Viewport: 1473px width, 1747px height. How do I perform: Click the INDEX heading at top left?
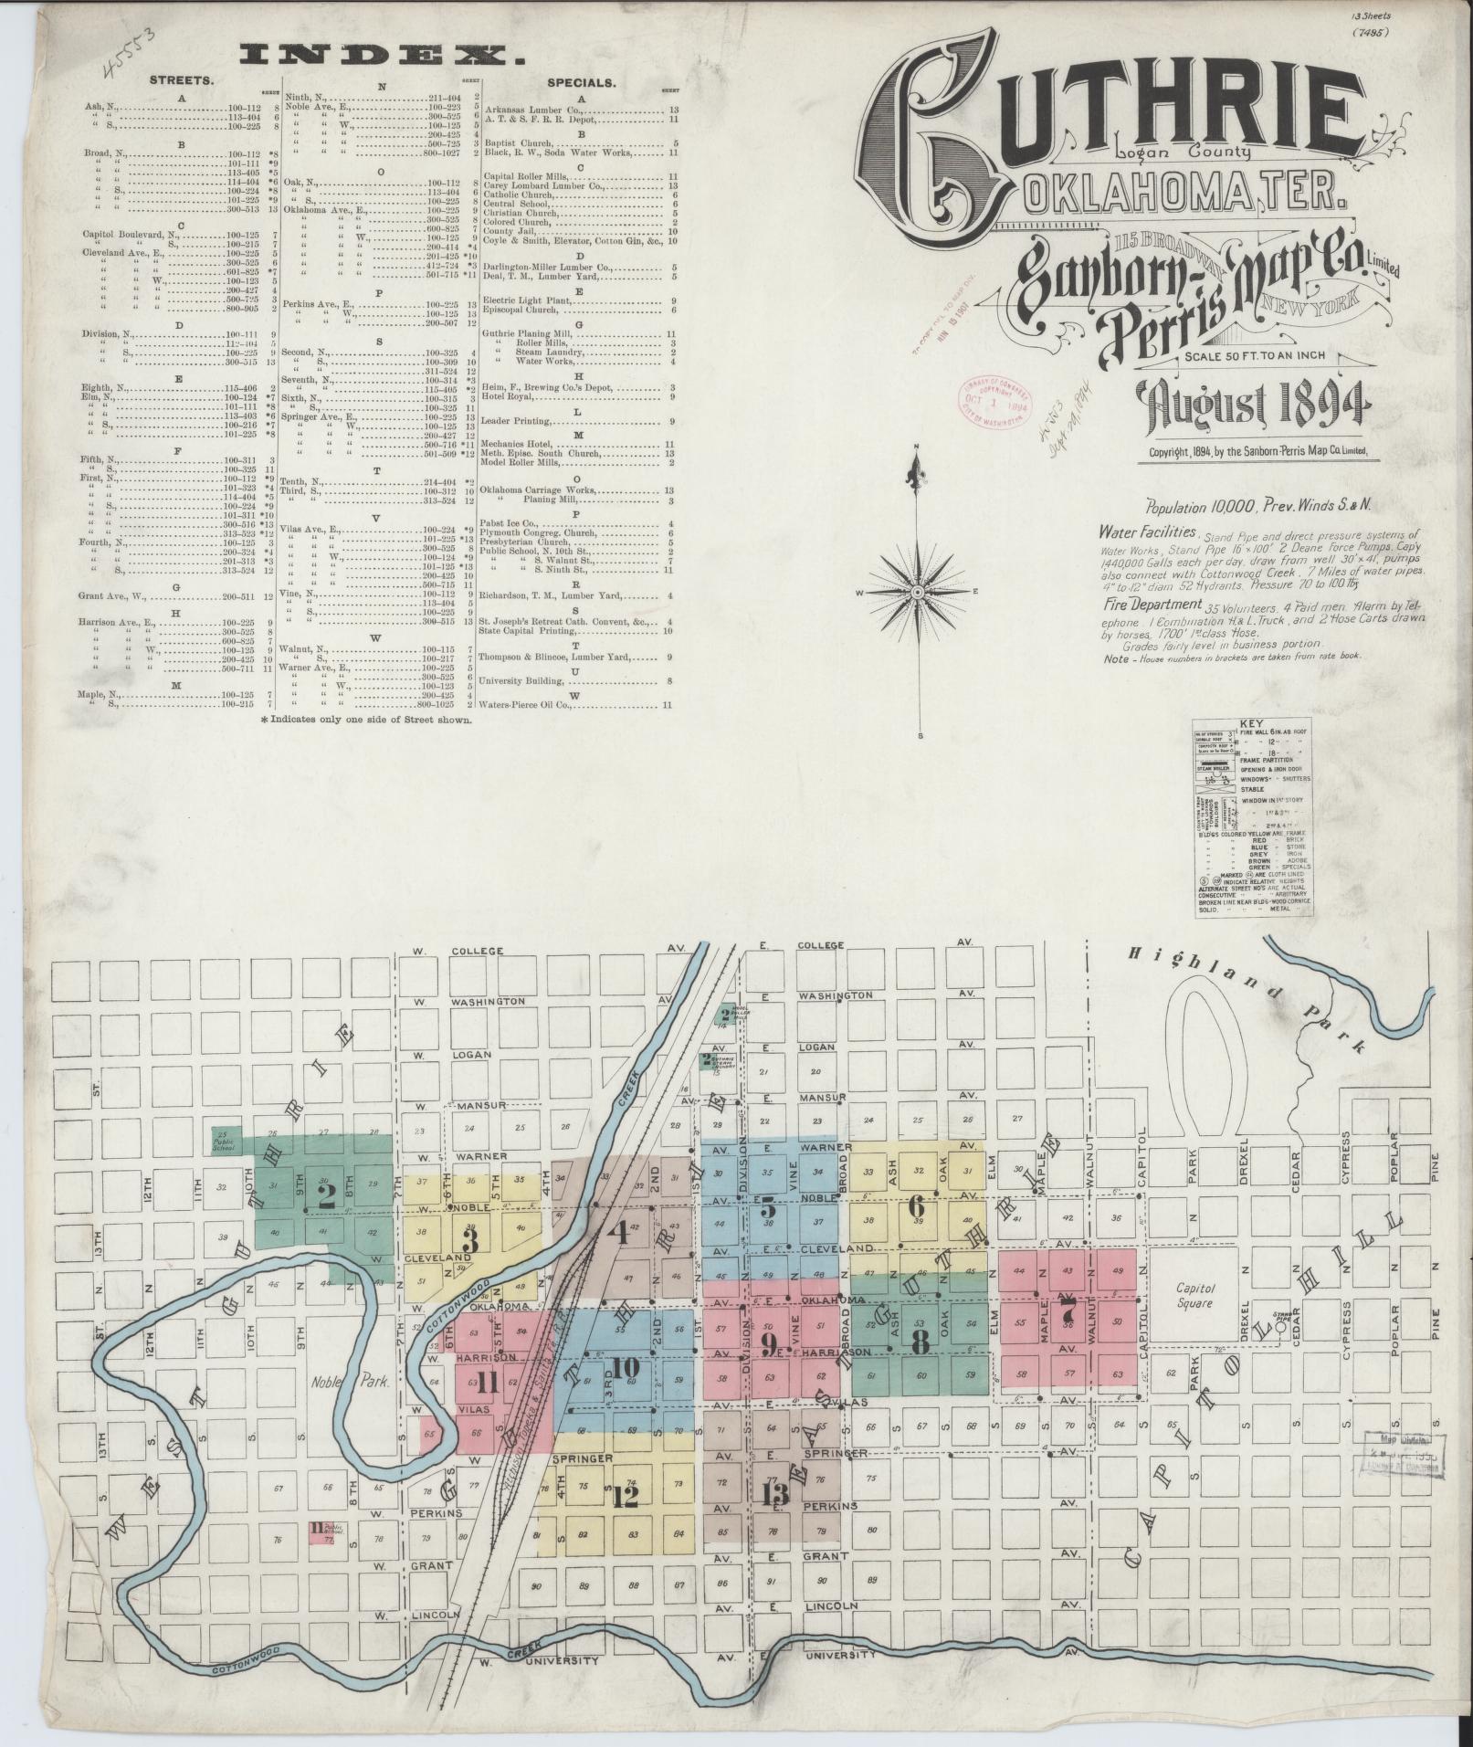point(381,56)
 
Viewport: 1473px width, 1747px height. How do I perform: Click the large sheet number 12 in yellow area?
point(626,1495)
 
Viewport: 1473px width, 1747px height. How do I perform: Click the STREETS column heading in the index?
point(183,80)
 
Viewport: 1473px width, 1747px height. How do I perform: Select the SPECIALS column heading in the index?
point(581,81)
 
